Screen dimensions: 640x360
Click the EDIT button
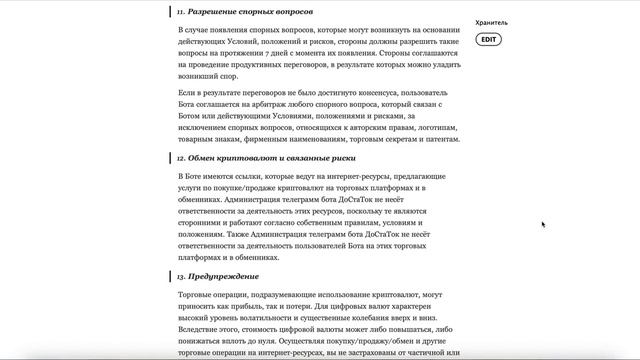[488, 39]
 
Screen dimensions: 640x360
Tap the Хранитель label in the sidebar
[492, 21]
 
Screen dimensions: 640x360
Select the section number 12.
[181, 157]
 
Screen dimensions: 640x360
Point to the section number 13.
[181, 276]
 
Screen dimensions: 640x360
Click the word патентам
[438, 141]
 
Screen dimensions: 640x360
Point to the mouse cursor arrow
[544, 224]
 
